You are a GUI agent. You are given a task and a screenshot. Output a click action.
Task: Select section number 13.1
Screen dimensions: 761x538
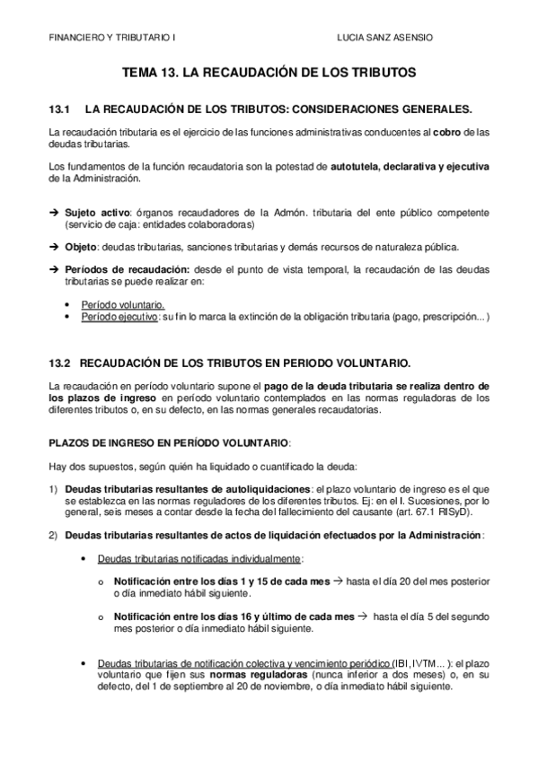59,109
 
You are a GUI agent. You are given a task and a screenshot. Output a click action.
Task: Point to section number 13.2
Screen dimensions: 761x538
59,363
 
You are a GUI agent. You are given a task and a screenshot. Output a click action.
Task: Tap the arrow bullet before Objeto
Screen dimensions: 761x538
53,247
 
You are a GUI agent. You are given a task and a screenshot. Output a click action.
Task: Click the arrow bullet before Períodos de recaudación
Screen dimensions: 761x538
53,270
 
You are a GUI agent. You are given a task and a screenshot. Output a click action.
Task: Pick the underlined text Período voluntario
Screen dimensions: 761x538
122,305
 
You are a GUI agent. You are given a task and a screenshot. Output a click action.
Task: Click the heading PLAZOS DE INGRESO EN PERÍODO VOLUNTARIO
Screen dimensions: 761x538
169,443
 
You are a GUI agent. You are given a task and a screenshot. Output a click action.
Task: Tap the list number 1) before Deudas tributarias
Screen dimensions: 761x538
53,489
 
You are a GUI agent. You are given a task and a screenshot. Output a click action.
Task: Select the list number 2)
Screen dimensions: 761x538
53,536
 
